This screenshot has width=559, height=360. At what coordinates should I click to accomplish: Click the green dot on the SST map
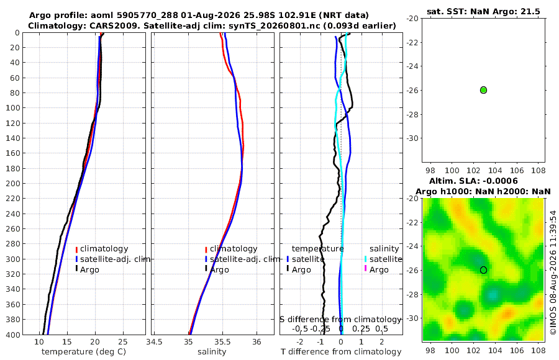483,90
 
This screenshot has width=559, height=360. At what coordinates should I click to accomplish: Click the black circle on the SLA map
483,270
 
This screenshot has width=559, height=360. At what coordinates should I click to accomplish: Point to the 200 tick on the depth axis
13,183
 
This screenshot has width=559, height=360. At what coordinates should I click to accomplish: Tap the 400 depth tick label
13,335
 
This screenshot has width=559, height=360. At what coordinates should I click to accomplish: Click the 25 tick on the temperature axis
122,342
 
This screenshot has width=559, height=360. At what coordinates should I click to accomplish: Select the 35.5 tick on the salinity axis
222,342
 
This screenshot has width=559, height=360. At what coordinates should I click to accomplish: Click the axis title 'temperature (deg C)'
84,352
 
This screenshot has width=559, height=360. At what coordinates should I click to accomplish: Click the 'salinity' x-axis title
212,352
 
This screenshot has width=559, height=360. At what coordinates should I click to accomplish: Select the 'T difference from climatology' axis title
341,352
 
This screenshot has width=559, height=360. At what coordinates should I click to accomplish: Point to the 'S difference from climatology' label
340,320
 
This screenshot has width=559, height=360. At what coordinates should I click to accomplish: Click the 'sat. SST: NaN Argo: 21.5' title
483,12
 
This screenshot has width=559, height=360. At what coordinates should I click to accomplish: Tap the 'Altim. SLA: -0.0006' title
473,181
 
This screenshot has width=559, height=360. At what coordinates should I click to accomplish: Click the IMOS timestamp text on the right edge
553,272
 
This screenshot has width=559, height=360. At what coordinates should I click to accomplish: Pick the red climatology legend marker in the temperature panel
76,250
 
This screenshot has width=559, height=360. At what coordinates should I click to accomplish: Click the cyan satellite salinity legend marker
365,259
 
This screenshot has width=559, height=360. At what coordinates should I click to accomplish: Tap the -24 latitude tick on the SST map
412,66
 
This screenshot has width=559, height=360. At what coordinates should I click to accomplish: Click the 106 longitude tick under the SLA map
517,350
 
